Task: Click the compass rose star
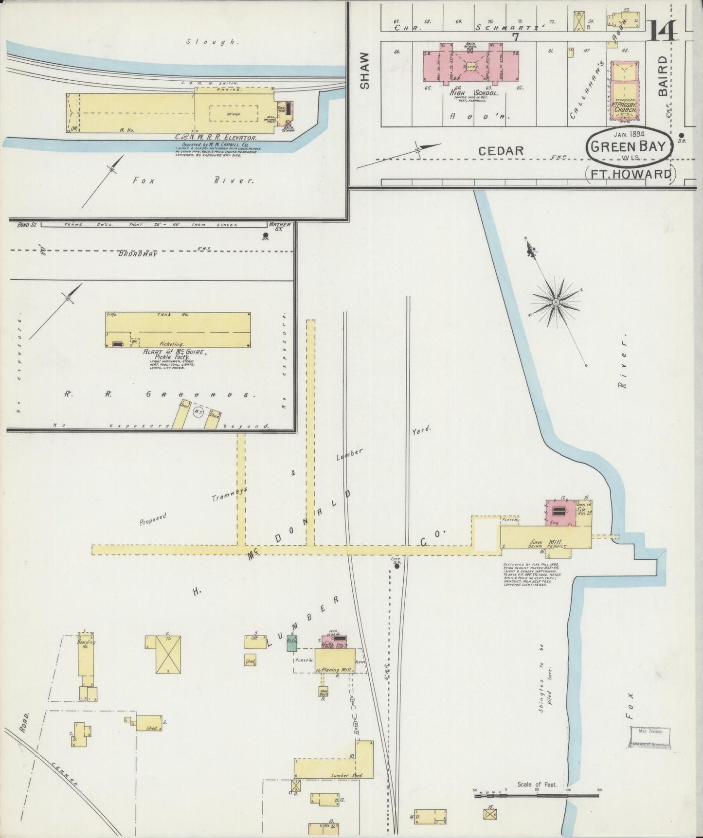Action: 555,303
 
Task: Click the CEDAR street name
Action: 501,151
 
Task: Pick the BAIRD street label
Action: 663,78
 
